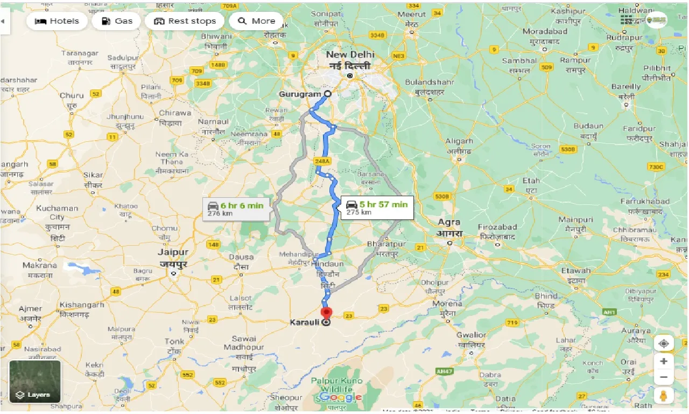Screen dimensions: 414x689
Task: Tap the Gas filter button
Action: click(116, 21)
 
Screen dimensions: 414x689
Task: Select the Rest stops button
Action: click(185, 21)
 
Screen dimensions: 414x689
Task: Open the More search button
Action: click(256, 21)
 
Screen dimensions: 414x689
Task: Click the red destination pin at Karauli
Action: click(327, 313)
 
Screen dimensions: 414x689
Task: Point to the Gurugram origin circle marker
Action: click(327, 94)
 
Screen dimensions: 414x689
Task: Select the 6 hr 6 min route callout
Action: click(236, 209)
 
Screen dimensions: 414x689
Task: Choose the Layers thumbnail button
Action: click(35, 382)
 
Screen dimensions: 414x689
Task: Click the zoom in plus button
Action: click(664, 361)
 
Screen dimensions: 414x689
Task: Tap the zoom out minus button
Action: click(664, 377)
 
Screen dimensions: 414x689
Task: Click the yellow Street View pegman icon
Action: click(664, 396)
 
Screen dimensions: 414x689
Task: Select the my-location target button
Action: click(664, 343)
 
